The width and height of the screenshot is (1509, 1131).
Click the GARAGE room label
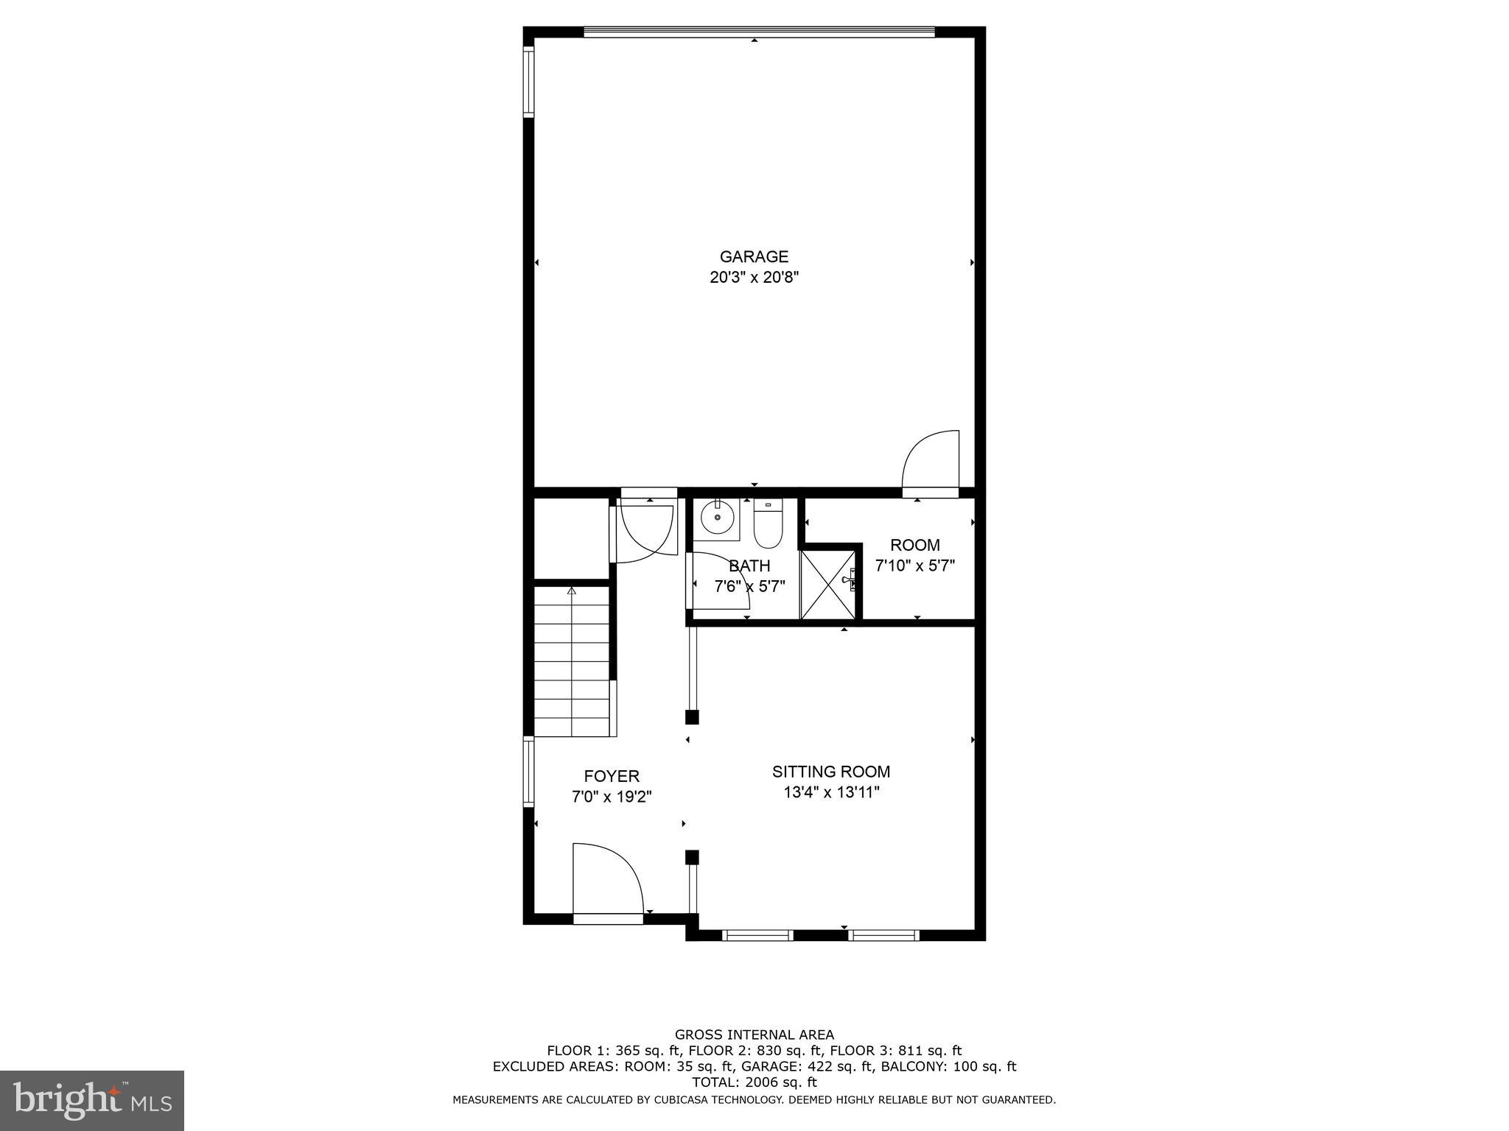pos(754,257)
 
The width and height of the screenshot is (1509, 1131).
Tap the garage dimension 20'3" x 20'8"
pos(754,278)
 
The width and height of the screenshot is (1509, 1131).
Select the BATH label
pos(749,566)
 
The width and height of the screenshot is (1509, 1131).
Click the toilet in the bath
pos(768,524)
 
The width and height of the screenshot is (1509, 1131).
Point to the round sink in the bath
pos(716,518)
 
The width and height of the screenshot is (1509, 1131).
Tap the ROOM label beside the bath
pos(915,546)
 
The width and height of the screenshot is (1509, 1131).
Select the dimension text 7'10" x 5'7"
pos(915,566)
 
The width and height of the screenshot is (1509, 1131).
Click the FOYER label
pos(612,776)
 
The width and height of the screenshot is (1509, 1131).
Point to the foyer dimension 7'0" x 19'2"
pos(612,797)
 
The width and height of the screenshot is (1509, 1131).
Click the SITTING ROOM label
pos(831,772)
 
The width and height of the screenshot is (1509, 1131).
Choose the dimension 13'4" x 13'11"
pos(831,792)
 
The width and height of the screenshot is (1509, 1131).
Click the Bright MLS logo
pos(92,1101)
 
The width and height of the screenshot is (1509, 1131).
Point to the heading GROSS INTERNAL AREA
pos(754,1035)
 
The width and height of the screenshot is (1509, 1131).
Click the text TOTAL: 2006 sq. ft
pos(754,1082)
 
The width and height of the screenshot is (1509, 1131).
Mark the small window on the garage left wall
pos(528,82)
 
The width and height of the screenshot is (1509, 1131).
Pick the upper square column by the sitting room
pos(692,716)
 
